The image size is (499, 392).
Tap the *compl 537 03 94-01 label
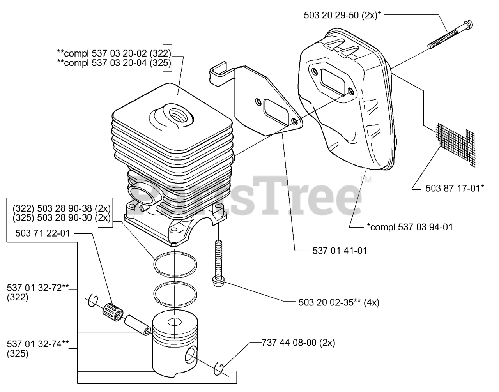tap(409, 227)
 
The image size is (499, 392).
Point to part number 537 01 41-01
tap(340, 251)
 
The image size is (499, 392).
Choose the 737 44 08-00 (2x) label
tap(298, 343)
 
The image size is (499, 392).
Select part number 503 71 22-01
tap(43, 233)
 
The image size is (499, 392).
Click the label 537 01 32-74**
tap(38, 343)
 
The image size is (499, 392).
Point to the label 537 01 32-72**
tap(38, 288)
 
